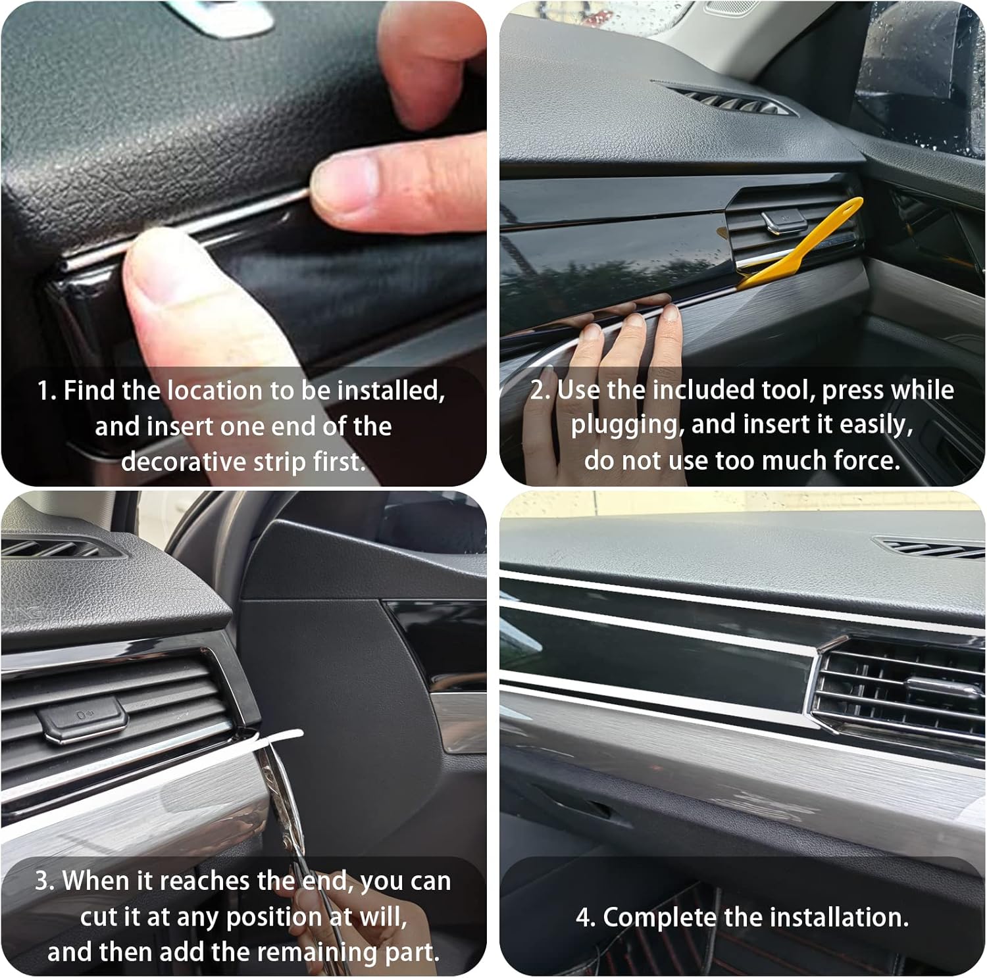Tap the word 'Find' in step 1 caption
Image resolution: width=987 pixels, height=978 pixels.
[89, 391]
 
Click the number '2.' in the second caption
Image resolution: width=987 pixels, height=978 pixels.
[541, 390]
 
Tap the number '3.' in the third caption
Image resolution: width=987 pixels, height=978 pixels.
[45, 881]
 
